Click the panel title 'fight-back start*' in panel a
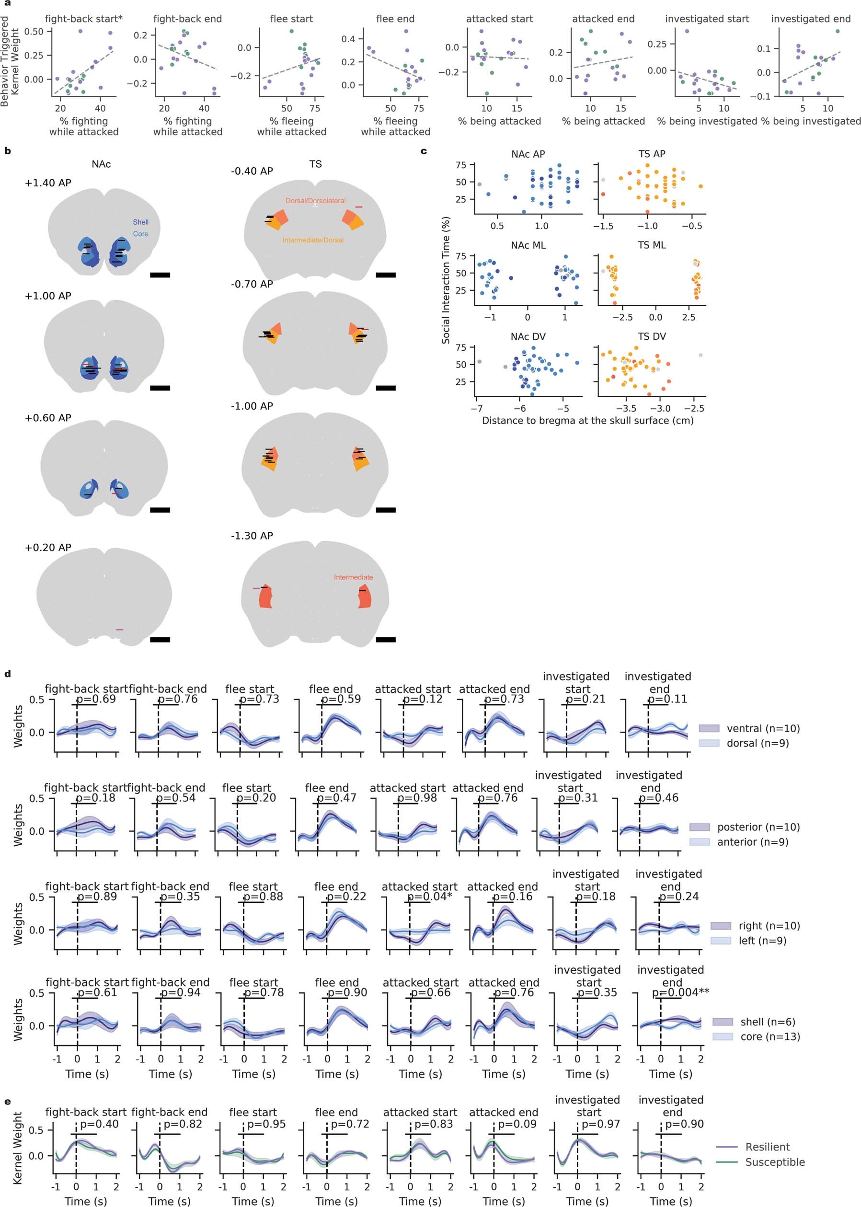click(84, 19)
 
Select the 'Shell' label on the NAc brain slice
click(140, 222)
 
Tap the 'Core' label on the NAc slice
click(140, 234)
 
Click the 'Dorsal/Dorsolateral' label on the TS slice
click(315, 201)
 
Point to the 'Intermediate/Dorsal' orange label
click(313, 240)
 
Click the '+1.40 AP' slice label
click(48, 183)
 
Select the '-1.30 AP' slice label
click(252, 536)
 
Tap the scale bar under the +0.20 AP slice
click(160, 640)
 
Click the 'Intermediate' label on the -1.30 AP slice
click(353, 577)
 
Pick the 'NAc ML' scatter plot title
click(528, 245)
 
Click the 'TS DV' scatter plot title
click(652, 336)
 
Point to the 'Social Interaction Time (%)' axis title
click(446, 280)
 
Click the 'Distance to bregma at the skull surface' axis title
click(587, 420)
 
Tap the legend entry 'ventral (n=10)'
click(763, 728)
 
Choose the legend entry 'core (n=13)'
click(770, 1036)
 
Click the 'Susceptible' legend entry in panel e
click(775, 1162)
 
